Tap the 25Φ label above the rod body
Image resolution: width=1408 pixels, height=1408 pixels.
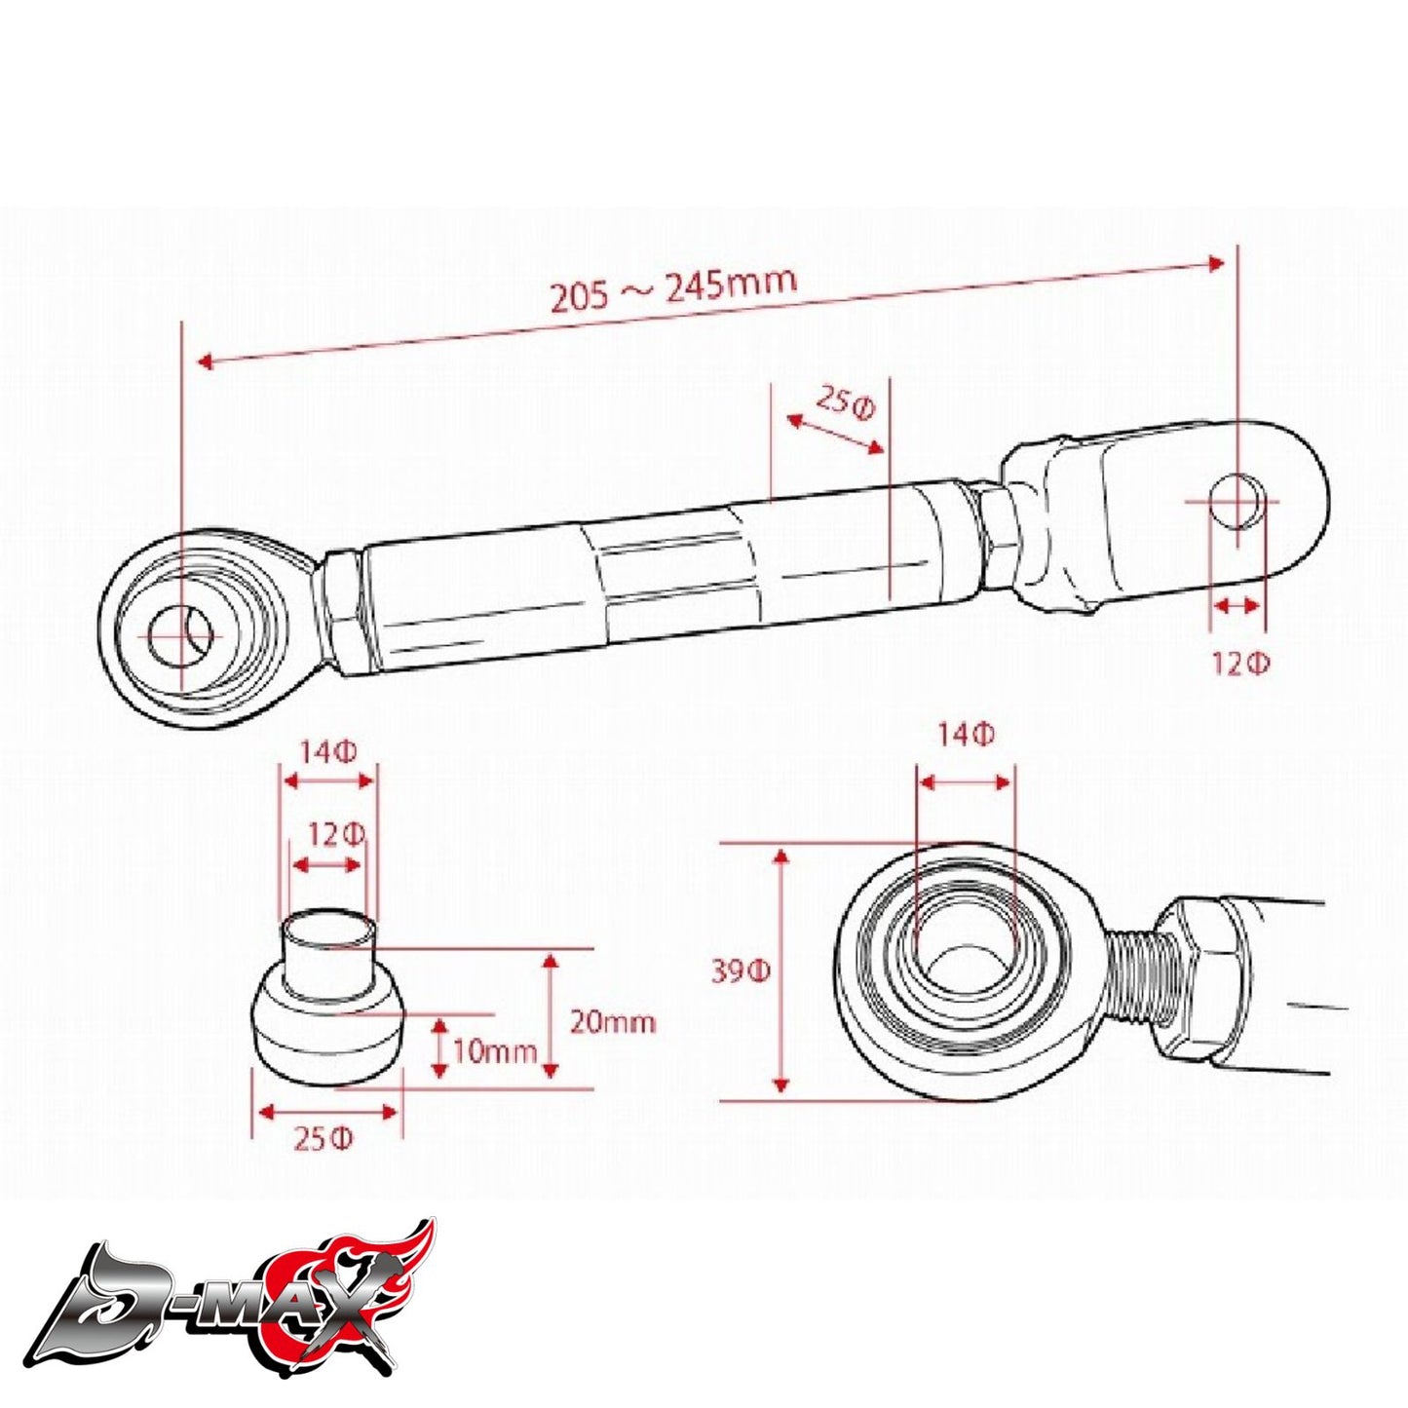click(x=846, y=401)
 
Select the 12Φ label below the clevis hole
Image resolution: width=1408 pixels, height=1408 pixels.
click(x=1240, y=665)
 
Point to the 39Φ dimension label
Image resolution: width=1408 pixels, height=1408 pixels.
click(x=741, y=971)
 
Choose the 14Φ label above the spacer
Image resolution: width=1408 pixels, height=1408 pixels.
click(x=327, y=752)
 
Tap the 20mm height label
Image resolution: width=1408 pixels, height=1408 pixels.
click(x=612, y=1021)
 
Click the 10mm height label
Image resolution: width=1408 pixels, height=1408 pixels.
click(x=495, y=1051)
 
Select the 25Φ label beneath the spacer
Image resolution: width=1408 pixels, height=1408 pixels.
click(x=323, y=1138)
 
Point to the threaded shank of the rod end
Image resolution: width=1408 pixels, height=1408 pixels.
click(x=1131, y=974)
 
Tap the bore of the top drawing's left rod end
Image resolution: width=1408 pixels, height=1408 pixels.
click(x=180, y=635)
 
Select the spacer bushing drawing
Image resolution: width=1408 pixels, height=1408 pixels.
click(x=327, y=1004)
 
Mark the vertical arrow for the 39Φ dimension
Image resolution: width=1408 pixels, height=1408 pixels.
click(x=780, y=970)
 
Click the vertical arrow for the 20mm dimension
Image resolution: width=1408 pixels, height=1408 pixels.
click(x=551, y=1016)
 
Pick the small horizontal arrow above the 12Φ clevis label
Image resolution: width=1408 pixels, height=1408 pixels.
click(x=1236, y=606)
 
